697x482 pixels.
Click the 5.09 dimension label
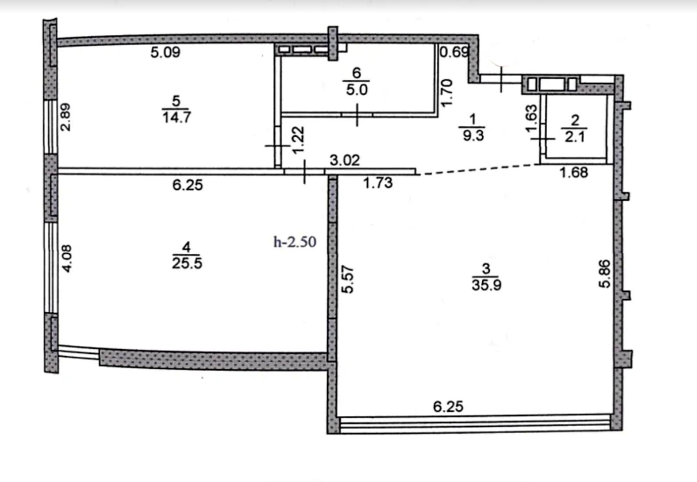165,52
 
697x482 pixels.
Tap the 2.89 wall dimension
66,117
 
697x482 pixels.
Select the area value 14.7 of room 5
176,118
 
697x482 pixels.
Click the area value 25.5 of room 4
187,263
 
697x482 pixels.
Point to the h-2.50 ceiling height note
294,242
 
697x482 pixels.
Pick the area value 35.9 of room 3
487,284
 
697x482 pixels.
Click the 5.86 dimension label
605,273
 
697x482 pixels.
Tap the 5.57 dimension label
348,279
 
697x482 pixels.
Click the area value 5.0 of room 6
357,90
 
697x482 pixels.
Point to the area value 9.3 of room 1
473,136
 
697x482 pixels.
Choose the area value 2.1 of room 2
575,137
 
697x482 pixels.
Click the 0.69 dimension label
454,52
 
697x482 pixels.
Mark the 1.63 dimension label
531,118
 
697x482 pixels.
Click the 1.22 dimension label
298,140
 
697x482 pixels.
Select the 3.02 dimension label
345,161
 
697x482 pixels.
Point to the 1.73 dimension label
378,183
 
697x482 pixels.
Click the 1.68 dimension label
574,172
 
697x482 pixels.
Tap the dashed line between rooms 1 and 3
479,169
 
